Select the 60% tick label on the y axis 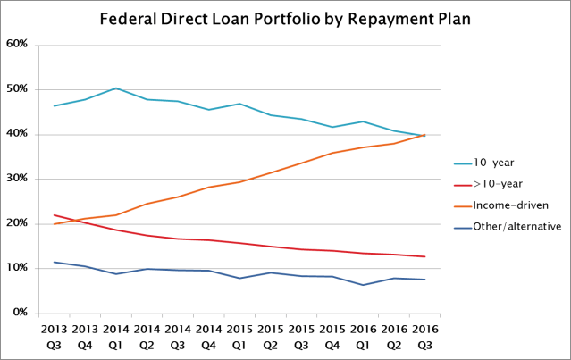point(18,44)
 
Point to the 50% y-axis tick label point(18,89)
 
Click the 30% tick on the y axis point(18,179)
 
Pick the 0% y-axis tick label point(21,313)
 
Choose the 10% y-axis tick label point(18,268)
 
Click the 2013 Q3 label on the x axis point(55,335)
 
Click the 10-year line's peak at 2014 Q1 point(116,88)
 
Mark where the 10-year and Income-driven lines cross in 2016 point(421,136)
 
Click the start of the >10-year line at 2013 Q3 point(55,215)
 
